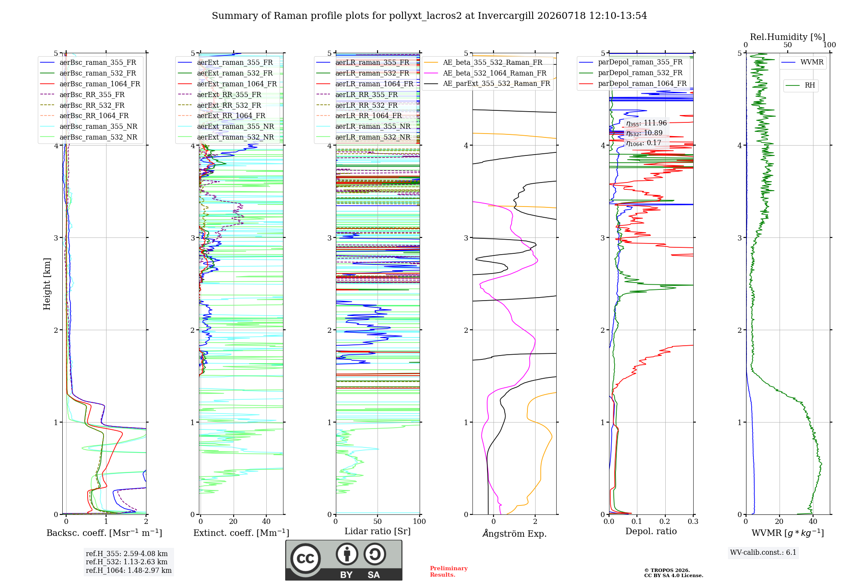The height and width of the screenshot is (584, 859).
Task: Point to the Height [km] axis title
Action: pos(47,284)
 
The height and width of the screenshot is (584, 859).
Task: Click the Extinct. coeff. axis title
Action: pos(241,533)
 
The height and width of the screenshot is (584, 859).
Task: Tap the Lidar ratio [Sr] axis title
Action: pos(378,532)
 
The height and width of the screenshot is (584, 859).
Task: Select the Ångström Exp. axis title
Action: pos(515,533)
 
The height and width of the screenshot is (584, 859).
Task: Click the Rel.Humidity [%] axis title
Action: pos(788,37)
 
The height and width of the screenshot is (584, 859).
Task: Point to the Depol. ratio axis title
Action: pos(651,531)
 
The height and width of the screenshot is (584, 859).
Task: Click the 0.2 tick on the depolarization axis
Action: pos(665,521)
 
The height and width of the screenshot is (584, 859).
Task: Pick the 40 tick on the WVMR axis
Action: pos(813,521)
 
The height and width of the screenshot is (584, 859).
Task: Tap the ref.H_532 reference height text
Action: pos(127,562)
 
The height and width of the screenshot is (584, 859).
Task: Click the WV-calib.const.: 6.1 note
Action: pos(763,553)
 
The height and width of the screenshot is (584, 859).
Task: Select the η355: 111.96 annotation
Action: pos(646,123)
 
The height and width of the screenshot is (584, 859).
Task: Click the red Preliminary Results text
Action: pos(449,572)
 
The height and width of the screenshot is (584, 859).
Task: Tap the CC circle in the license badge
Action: pos(305,559)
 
